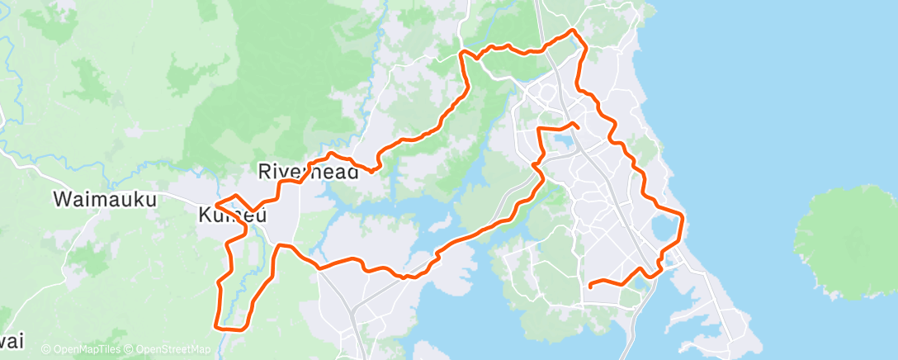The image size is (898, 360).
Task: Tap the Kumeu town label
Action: (x=232, y=216)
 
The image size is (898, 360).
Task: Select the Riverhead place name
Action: (x=308, y=172)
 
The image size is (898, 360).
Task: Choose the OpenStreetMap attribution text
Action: (x=169, y=350)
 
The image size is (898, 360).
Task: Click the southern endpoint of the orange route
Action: (x=591, y=286)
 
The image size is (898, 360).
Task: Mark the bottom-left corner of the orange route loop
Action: (x=217, y=326)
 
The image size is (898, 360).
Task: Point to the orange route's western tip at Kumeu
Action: (x=215, y=204)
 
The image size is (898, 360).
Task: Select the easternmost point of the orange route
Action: (x=684, y=216)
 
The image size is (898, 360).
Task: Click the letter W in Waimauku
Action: (x=62, y=199)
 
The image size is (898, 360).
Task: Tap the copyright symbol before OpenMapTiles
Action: (x=45, y=350)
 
